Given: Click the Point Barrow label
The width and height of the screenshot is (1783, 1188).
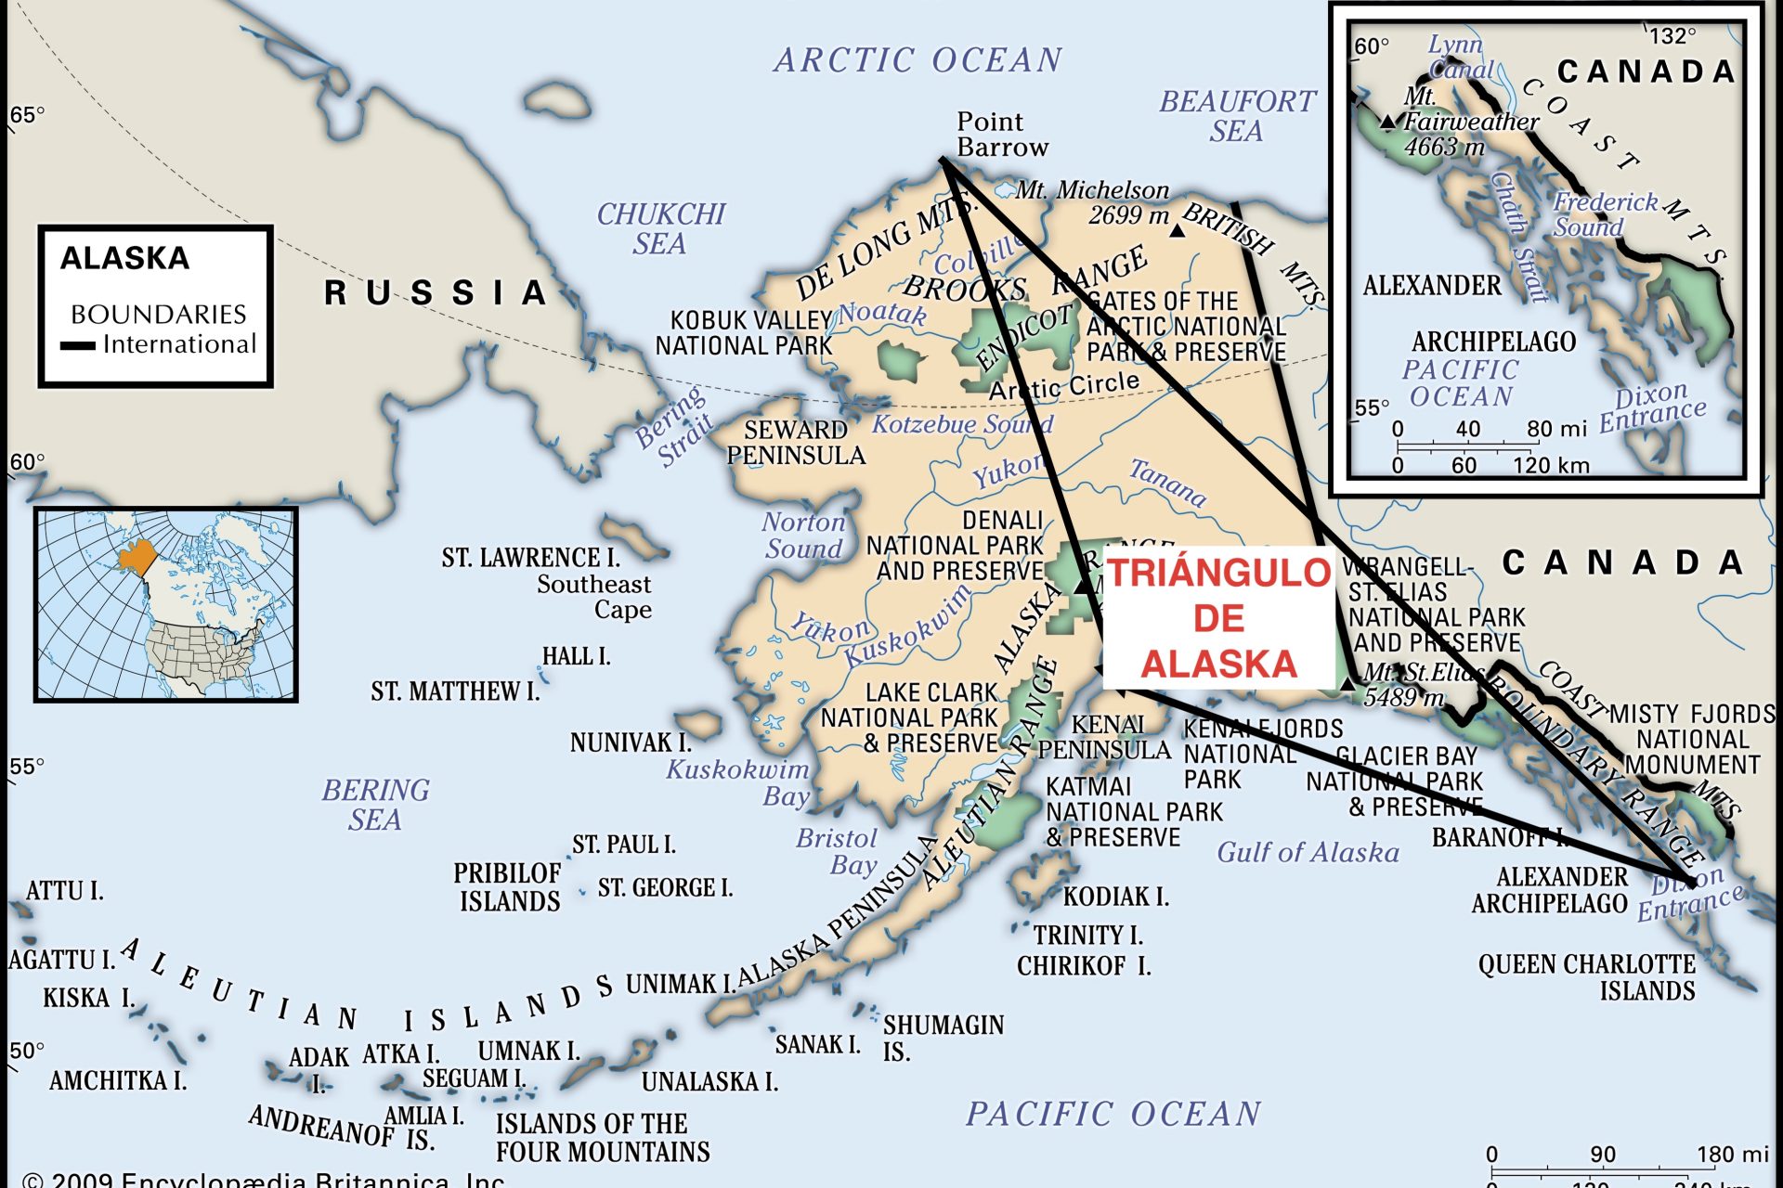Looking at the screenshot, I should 1001,135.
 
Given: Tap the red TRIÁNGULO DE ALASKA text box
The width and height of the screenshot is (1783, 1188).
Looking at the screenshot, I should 1218,618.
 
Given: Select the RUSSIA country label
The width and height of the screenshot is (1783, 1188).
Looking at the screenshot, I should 434,292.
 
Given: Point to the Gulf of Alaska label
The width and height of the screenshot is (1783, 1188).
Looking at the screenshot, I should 1308,852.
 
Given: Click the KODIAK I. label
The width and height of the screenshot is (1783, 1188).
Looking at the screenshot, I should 1114,897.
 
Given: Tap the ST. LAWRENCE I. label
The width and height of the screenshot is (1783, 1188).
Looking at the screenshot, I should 530,558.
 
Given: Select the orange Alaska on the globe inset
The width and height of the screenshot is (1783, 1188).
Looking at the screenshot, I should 137,557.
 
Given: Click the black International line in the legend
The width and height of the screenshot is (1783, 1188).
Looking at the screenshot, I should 78,346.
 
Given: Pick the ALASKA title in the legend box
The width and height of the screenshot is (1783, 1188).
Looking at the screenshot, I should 124,258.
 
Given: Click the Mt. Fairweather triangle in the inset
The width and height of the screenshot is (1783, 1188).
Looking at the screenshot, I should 1387,122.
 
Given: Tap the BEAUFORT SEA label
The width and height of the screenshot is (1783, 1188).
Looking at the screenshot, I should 1237,115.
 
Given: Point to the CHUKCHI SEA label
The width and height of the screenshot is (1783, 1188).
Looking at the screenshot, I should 660,228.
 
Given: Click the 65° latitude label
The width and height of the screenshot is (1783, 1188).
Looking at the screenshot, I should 26,115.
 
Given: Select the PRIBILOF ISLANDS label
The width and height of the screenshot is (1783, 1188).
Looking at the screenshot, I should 508,887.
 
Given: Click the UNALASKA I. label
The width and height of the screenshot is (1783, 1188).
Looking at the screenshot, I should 709,1081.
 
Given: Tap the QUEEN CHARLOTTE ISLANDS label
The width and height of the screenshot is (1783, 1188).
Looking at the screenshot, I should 1588,977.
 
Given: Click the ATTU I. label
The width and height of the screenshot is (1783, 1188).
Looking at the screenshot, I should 64,891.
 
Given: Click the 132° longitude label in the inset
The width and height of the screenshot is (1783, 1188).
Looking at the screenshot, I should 1672,35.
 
